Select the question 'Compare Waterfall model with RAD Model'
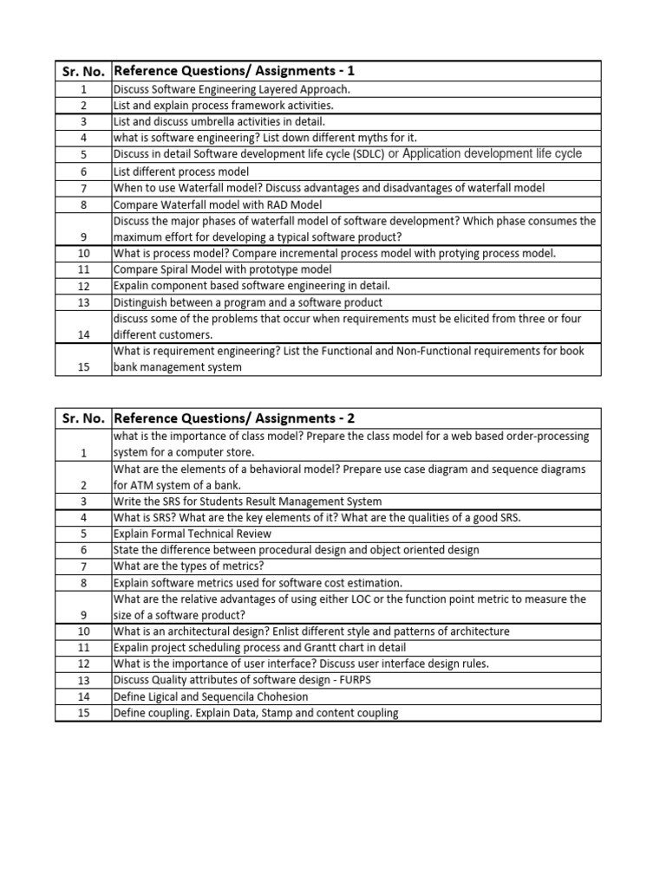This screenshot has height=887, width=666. coord(218,204)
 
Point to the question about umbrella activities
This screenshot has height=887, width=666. coord(219,122)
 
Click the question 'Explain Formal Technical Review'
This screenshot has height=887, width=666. coord(193,534)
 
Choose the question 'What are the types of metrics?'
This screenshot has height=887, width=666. coord(189,567)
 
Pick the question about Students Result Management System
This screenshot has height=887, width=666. coord(247,502)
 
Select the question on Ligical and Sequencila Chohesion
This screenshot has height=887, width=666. coord(211,696)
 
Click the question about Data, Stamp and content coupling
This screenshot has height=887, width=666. coord(256,713)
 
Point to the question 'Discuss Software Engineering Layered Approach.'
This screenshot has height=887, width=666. coord(232,89)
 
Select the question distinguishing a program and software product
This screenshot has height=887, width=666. coord(248,302)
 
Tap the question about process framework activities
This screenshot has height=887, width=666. coord(223,106)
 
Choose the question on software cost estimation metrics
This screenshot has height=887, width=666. coord(258,583)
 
